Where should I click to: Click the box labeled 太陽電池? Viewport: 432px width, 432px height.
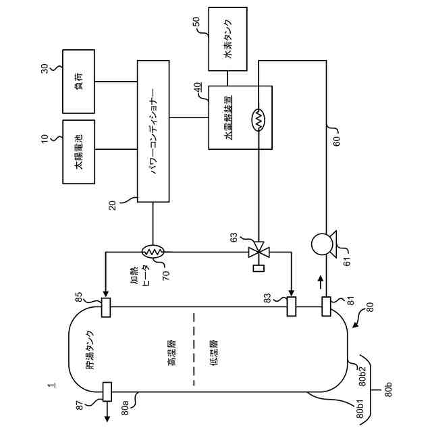(79, 152)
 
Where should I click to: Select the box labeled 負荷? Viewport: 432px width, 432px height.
(79, 82)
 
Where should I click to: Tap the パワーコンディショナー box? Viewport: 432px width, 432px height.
(153, 131)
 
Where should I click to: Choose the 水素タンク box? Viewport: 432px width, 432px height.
(227, 39)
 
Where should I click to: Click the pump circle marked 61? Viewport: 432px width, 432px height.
(322, 244)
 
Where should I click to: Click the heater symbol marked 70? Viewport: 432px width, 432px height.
(153, 251)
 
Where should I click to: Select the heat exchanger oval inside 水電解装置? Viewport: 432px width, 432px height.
(258, 120)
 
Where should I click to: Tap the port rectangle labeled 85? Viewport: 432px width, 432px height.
(106, 308)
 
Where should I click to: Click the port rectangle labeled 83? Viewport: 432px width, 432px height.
(292, 306)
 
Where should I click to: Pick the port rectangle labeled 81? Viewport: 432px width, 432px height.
(326, 306)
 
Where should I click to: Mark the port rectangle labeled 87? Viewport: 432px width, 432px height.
(107, 391)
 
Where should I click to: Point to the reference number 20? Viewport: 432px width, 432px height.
(113, 205)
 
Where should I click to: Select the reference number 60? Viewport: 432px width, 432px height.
(337, 140)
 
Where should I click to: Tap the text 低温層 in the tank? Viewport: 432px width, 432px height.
(213, 353)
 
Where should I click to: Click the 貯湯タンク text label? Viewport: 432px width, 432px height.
(89, 350)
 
